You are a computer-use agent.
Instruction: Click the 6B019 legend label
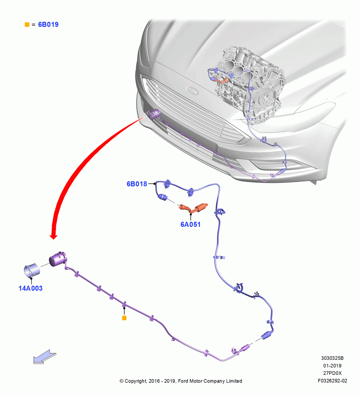coord(48,24)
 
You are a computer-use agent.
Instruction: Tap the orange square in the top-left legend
coord(27,24)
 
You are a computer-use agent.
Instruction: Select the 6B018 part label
coord(137,184)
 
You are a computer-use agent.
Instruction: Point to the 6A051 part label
coord(191,224)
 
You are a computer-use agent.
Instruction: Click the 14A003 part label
coord(30,288)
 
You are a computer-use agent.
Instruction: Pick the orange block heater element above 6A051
coord(193,208)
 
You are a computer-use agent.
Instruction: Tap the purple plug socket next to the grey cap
coord(58,259)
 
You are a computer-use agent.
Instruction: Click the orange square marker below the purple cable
coord(124,318)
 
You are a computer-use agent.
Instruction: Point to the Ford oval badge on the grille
coord(192,90)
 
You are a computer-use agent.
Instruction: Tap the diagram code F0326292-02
coord(332,381)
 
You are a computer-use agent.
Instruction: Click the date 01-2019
coord(332,365)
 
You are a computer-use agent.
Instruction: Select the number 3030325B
coord(332,358)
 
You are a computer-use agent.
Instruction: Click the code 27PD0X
coord(332,373)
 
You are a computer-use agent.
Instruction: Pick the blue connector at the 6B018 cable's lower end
coord(267,335)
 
